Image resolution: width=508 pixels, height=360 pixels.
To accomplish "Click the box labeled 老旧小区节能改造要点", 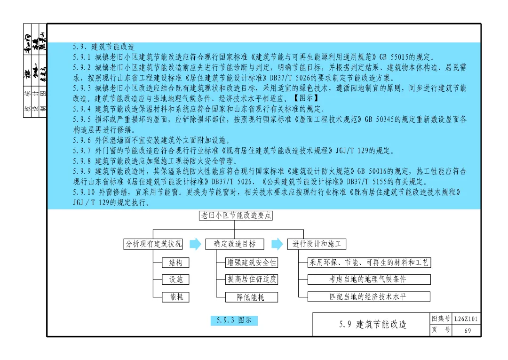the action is tap(236, 216).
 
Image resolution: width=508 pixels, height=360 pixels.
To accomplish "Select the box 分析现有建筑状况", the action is tap(153, 244).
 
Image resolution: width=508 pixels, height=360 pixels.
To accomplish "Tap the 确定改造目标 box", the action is tap(235, 244).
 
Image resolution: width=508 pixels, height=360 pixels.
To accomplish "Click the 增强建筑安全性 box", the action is tap(252, 262).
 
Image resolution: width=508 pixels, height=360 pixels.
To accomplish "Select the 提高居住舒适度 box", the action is tap(252, 280).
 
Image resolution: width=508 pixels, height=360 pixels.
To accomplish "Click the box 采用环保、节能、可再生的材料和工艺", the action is tap(369, 262).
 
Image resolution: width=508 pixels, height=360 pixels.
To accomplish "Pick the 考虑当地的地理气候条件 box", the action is tap(369, 280).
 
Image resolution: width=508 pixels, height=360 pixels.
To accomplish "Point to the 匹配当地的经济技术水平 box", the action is tap(369, 297).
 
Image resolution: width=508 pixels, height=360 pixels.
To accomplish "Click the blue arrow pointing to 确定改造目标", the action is tap(195, 244).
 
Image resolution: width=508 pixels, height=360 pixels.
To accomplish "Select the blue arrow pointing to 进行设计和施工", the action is tap(278, 244).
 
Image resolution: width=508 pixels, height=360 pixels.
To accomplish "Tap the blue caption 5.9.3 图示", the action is tap(234, 320).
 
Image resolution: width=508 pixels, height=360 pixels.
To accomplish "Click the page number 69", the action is tap(467, 330).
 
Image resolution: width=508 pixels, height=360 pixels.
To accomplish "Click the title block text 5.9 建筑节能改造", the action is tap(373, 324).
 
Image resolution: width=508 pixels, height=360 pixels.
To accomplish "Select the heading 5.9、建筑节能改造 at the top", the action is tap(103, 47).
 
